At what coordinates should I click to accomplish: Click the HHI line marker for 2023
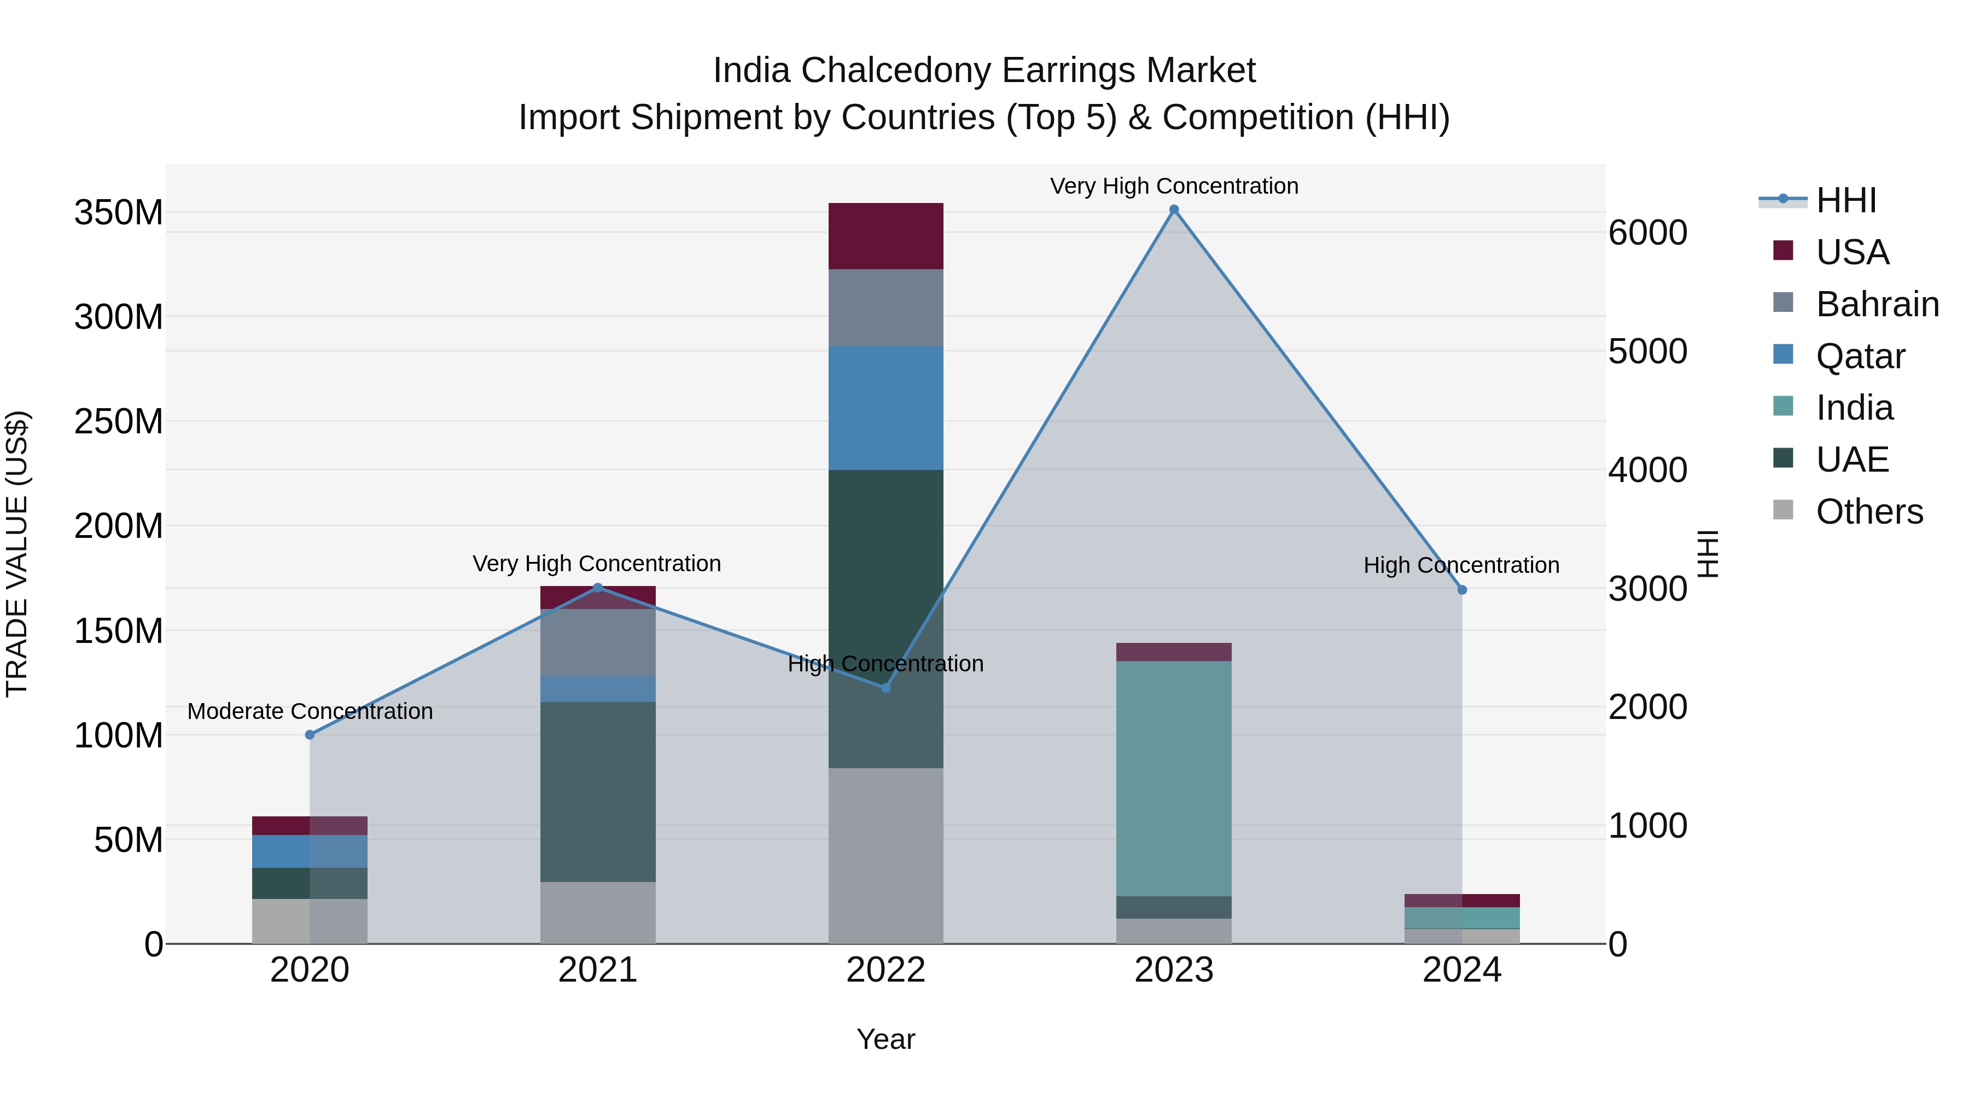click(1174, 210)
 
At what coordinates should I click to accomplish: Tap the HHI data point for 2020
click(310, 735)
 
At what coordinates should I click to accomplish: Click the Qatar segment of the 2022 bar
click(886, 408)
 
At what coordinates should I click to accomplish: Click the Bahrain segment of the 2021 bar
click(598, 642)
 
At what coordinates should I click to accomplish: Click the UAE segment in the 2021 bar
click(598, 791)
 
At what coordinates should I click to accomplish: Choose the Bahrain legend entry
click(1877, 304)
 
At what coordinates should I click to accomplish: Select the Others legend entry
click(1868, 512)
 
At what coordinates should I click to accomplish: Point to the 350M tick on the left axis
click(119, 213)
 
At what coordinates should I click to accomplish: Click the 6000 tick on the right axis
click(1647, 233)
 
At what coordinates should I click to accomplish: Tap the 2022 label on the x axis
click(886, 970)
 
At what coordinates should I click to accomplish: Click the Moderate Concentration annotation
click(310, 711)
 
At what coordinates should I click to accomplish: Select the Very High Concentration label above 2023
click(1174, 186)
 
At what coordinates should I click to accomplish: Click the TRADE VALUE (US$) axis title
click(17, 554)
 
